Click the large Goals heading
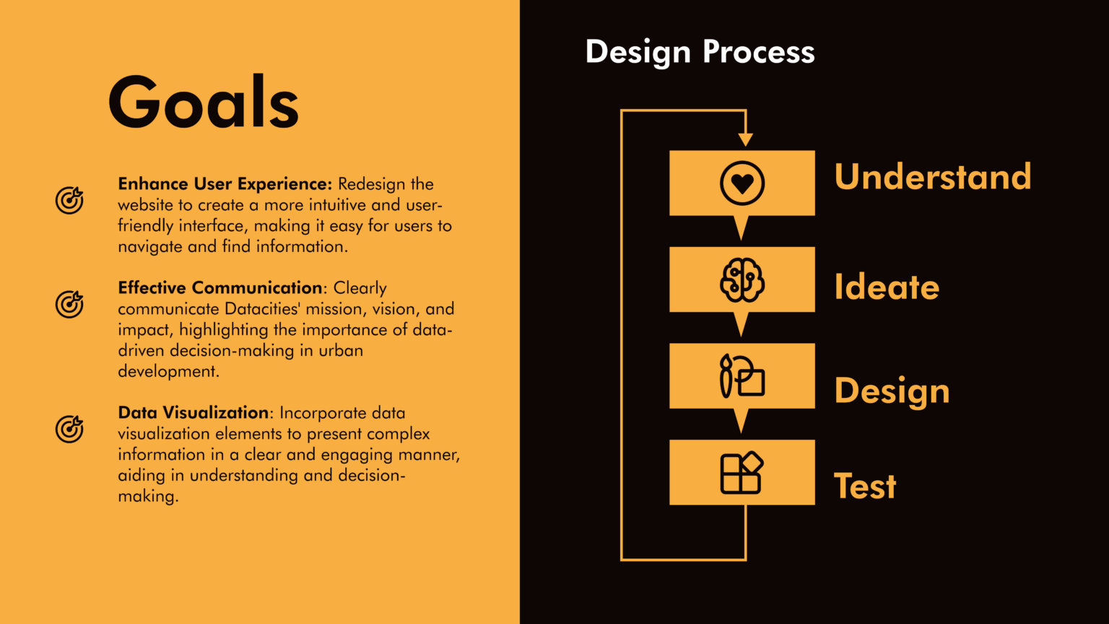click(204, 103)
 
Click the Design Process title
click(700, 52)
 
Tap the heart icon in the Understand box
click(742, 183)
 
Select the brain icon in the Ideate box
click(742, 279)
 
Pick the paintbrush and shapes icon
click(742, 376)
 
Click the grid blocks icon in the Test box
click(741, 472)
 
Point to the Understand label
click(933, 176)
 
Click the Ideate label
click(886, 287)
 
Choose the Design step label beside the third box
click(892, 391)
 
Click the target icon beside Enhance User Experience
click(69, 200)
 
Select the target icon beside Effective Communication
click(69, 304)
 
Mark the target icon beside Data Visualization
click(69, 429)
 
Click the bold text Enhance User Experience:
click(225, 183)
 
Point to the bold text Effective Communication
click(219, 287)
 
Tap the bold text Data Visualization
click(193, 412)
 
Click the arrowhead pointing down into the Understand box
click(746, 139)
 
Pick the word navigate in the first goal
click(150, 246)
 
